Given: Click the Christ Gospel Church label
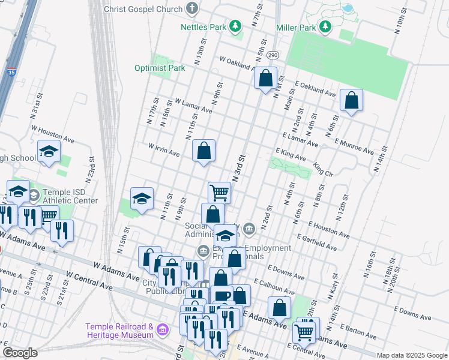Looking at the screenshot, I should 143,9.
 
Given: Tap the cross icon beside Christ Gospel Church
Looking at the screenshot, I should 192,8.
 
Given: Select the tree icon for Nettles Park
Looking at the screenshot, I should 236,26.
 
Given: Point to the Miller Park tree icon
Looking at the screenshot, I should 325,27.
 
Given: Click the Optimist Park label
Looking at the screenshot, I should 160,68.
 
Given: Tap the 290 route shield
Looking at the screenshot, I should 272,55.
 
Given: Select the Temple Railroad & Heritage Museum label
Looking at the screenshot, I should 119,331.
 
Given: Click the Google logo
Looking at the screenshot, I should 20,353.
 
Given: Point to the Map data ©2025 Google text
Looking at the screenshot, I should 411,355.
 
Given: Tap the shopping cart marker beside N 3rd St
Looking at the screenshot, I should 219,193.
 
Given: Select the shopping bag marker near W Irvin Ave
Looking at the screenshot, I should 203,150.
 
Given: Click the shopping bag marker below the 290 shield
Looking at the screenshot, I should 265,79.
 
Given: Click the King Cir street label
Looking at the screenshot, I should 323,170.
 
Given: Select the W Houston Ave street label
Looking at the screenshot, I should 52,134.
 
